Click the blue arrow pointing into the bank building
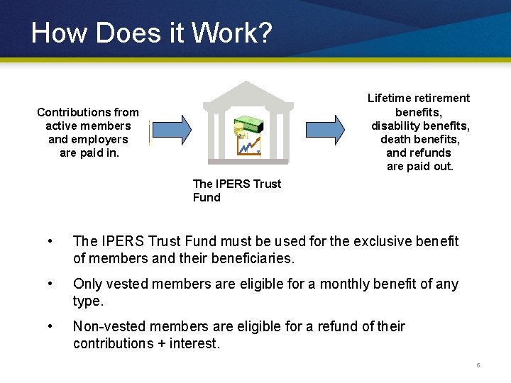pos(171,128)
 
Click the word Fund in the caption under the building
pos(207,197)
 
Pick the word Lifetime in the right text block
pos(388,98)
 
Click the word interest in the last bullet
pos(199,344)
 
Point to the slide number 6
pos(478,365)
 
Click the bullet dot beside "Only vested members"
pos(48,284)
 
